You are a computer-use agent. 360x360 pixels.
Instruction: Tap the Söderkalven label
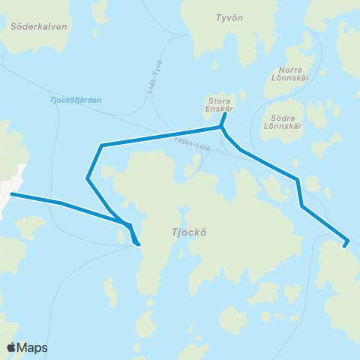[x=39, y=25]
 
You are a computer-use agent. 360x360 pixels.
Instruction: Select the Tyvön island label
[x=228, y=16]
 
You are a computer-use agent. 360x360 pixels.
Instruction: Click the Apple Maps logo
[x=27, y=347]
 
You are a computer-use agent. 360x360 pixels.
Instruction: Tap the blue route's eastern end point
[x=346, y=243]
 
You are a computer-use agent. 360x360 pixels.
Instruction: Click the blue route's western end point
[x=11, y=194]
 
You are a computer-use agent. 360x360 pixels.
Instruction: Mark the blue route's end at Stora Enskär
[x=224, y=114]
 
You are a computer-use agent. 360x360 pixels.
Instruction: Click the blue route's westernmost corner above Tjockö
[x=88, y=178]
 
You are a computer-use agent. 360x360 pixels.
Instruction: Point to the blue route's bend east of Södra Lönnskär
[x=298, y=179]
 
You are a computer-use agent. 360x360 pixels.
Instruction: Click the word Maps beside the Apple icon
[x=32, y=347]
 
